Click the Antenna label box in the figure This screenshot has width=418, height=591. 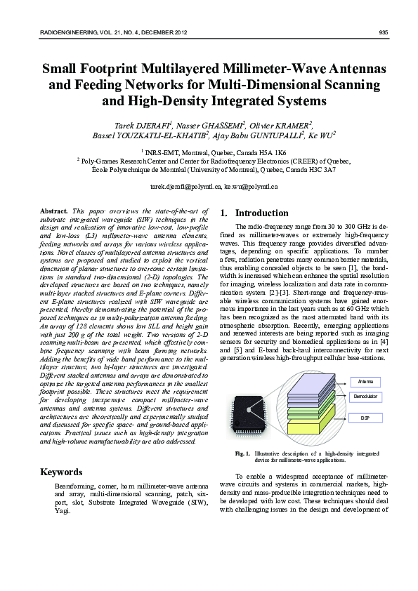coord(365,381)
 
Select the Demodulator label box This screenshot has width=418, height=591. coord(365,397)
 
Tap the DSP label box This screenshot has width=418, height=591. coord(365,418)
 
